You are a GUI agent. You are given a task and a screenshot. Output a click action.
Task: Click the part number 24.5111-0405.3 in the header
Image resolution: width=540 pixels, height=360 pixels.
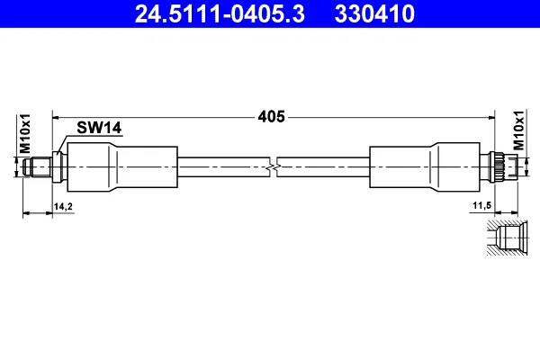coord(220,13)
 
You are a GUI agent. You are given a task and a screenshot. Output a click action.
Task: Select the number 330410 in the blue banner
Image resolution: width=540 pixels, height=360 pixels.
coord(374,13)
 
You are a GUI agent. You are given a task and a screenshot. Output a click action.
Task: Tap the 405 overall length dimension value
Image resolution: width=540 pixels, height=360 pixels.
coord(272,117)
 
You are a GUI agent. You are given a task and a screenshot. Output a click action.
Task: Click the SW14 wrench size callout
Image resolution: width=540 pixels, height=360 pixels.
coord(99,128)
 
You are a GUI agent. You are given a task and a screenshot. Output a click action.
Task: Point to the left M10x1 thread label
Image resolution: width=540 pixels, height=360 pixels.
coord(25,134)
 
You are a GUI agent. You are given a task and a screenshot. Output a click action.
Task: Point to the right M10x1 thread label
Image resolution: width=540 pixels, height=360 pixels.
coord(518,130)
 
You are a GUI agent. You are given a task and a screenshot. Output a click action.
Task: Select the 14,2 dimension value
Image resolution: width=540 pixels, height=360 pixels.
coord(63,207)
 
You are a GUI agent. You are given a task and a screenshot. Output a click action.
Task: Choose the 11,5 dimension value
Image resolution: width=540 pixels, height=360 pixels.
coord(481,206)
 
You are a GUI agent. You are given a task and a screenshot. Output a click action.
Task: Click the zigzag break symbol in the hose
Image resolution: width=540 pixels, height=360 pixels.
coord(274,167)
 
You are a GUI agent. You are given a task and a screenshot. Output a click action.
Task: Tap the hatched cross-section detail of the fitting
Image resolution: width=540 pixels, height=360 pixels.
coord(507,238)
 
